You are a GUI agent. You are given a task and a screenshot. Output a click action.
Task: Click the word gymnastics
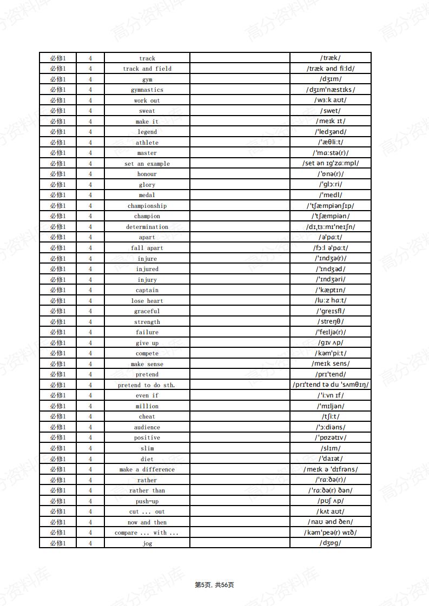tap(147, 90)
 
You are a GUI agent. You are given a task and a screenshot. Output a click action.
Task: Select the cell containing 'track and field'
tap(147, 69)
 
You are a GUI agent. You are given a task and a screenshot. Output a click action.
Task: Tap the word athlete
tap(147, 143)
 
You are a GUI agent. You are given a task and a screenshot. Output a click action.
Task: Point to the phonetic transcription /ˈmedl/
tap(331, 195)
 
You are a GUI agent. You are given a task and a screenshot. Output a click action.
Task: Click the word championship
tap(147, 206)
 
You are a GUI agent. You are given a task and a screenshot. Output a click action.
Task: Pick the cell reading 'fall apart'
tap(147, 248)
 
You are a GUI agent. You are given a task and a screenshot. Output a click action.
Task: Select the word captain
tap(147, 290)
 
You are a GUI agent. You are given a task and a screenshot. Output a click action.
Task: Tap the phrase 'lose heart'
tap(147, 301)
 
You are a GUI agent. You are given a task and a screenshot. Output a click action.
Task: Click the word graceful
tap(147, 311)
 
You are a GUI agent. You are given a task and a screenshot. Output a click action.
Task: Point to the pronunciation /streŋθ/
tap(331, 322)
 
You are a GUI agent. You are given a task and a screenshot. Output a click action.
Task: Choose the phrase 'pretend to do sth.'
tap(147, 385)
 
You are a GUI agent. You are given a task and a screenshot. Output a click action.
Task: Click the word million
tap(147, 406)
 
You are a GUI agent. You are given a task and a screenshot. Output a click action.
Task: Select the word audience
tap(147, 427)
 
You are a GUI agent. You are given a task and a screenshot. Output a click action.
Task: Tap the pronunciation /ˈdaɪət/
tap(331, 459)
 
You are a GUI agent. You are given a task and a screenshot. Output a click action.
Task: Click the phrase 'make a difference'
tap(147, 469)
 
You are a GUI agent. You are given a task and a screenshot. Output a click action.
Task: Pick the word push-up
tap(147, 501)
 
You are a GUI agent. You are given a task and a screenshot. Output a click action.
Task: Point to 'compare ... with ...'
tap(147, 533)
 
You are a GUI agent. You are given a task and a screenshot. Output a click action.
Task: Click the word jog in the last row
tap(147, 543)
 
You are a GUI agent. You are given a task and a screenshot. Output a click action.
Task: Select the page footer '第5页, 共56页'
tap(214, 585)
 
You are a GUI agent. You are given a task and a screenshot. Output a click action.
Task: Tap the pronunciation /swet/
tap(331, 111)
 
